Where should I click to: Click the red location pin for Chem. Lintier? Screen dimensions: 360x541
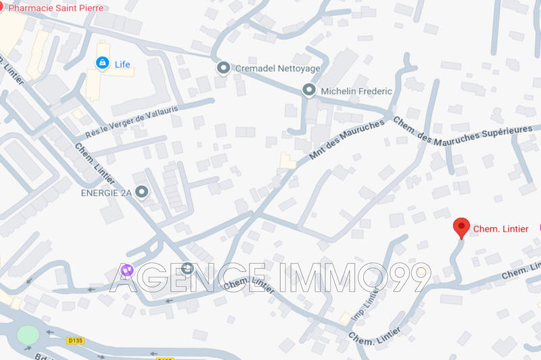(462, 227)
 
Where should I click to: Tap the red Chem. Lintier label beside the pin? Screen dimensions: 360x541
(500, 229)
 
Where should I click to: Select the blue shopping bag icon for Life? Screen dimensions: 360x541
(102, 64)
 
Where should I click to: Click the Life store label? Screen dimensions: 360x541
(122, 64)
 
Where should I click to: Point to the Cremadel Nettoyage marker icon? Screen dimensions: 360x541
(223, 68)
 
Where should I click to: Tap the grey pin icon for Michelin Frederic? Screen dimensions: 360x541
(309, 90)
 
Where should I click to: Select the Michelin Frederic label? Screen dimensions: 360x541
(356, 91)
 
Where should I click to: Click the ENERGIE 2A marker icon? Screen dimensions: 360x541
(141, 192)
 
